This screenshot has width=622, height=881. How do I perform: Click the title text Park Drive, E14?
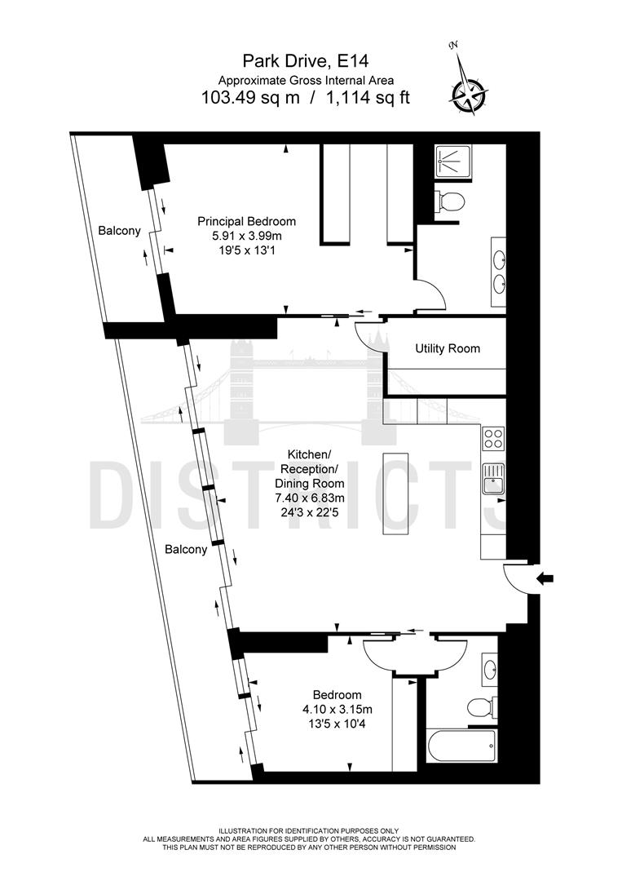click(x=306, y=60)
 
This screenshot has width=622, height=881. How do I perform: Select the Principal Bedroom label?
click(x=247, y=221)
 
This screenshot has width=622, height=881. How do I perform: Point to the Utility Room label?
click(x=447, y=348)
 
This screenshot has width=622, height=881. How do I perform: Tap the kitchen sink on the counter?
click(x=492, y=478)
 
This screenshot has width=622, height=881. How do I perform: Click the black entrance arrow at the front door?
click(x=545, y=578)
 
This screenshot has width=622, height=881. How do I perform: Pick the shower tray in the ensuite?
click(x=449, y=160)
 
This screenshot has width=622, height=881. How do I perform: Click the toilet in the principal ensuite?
click(x=450, y=201)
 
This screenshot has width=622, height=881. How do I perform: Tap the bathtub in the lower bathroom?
click(x=461, y=743)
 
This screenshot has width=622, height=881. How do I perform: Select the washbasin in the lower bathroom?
click(x=489, y=670)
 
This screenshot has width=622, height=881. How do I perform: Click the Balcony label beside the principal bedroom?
click(x=119, y=231)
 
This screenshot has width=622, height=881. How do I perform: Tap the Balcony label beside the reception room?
click(x=186, y=550)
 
